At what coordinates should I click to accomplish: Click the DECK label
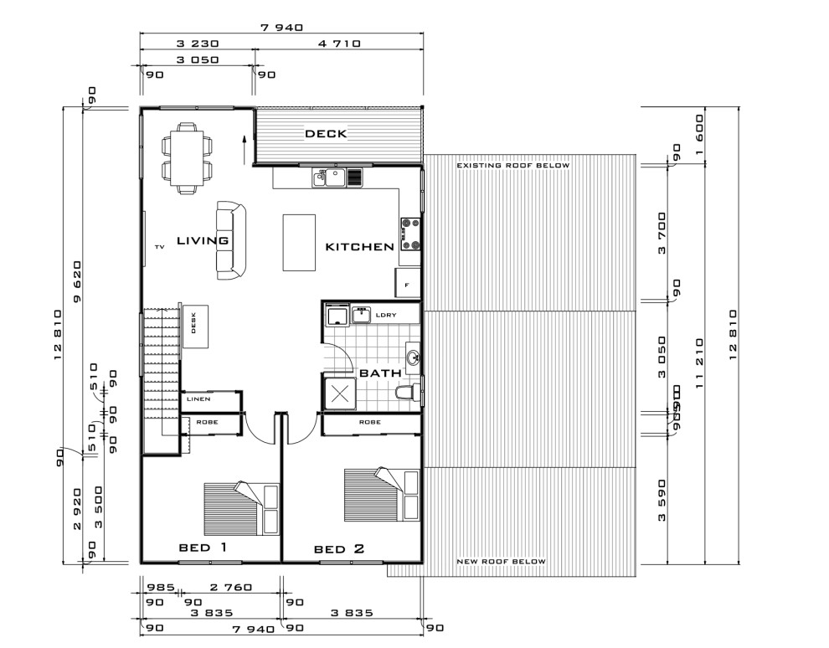pos(326,133)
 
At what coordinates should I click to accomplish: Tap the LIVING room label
pos(203,240)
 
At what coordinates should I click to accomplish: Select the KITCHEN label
pos(359,247)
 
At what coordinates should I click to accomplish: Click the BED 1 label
pos(203,548)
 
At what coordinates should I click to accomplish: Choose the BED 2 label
pos(339,549)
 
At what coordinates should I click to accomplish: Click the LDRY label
pos(386,315)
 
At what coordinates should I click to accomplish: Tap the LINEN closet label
pos(198,399)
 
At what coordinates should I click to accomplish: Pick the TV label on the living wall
pos(159,247)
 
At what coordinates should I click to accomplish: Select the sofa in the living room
pos(232,239)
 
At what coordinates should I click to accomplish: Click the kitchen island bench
pos(299,243)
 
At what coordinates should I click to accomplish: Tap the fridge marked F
pos(407,283)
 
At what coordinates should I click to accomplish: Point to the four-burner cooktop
pos(410,234)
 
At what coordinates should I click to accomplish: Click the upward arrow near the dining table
pos(244,148)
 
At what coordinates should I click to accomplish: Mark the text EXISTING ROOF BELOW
pos(512,166)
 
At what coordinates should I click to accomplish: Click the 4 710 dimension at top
pos(337,44)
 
